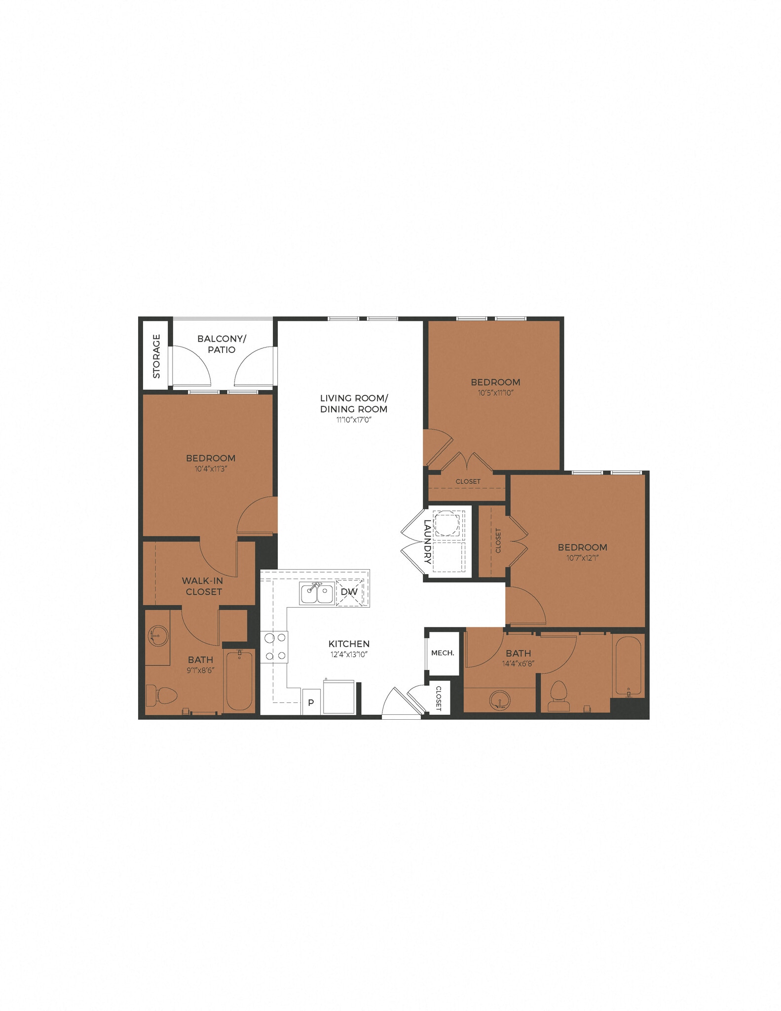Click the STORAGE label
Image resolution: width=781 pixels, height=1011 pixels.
pos(157,356)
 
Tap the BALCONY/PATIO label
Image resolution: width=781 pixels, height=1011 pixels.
pos(222,344)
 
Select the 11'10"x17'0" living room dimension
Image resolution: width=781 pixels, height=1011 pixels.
pos(353,420)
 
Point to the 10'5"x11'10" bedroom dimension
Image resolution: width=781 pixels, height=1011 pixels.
pos(495,393)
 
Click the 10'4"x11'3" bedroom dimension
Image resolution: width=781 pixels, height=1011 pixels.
pos(211,469)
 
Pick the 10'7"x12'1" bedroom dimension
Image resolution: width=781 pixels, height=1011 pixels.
pos(582,558)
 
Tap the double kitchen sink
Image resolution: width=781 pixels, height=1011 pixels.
pos(317,593)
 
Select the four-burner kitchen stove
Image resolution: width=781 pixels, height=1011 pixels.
pos(275,647)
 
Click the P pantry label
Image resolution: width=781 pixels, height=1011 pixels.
pos(311,702)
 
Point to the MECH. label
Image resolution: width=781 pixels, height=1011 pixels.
pos(443,653)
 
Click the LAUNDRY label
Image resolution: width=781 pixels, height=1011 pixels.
pos(427,542)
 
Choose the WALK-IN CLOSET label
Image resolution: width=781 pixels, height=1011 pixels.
pos(203,586)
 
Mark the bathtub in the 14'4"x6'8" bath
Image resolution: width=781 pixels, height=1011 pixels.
pos(628,666)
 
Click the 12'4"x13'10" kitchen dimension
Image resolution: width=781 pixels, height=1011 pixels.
pos(349,655)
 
